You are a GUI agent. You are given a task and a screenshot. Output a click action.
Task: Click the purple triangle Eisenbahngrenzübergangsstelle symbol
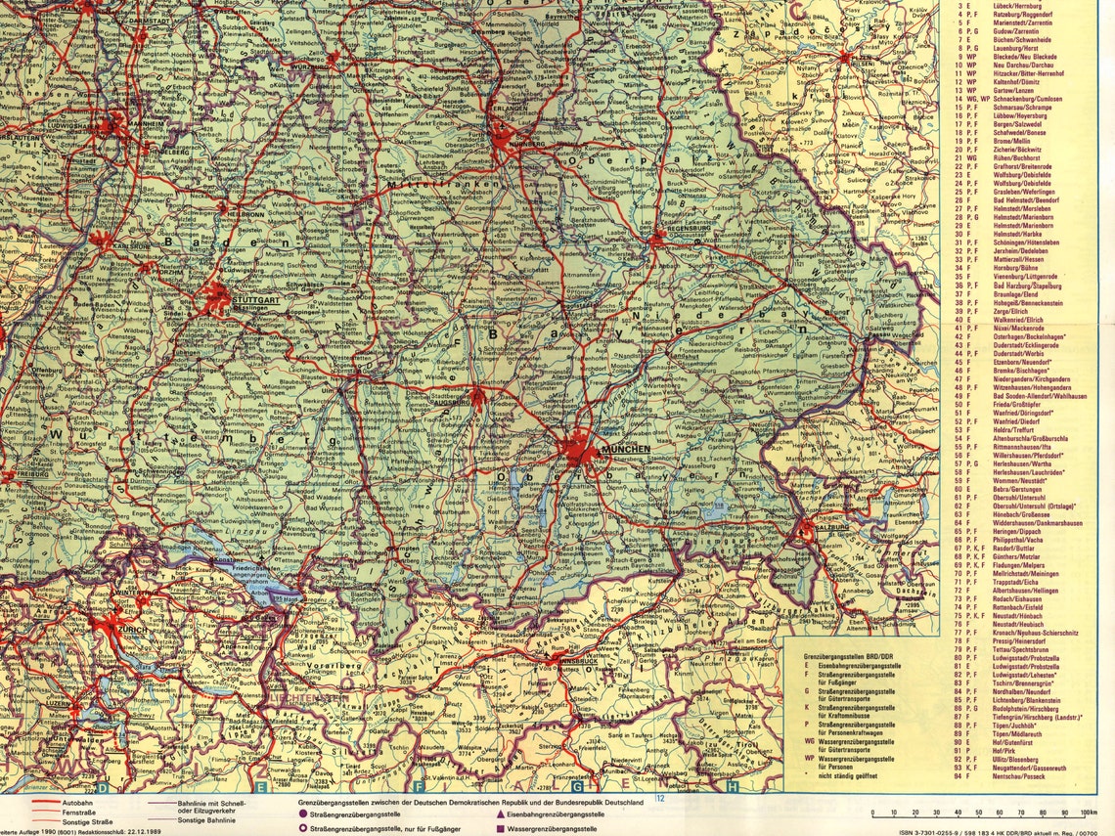pyautogui.click(x=502, y=814)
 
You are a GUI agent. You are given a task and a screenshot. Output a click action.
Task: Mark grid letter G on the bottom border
pyautogui.click(x=577, y=785)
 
